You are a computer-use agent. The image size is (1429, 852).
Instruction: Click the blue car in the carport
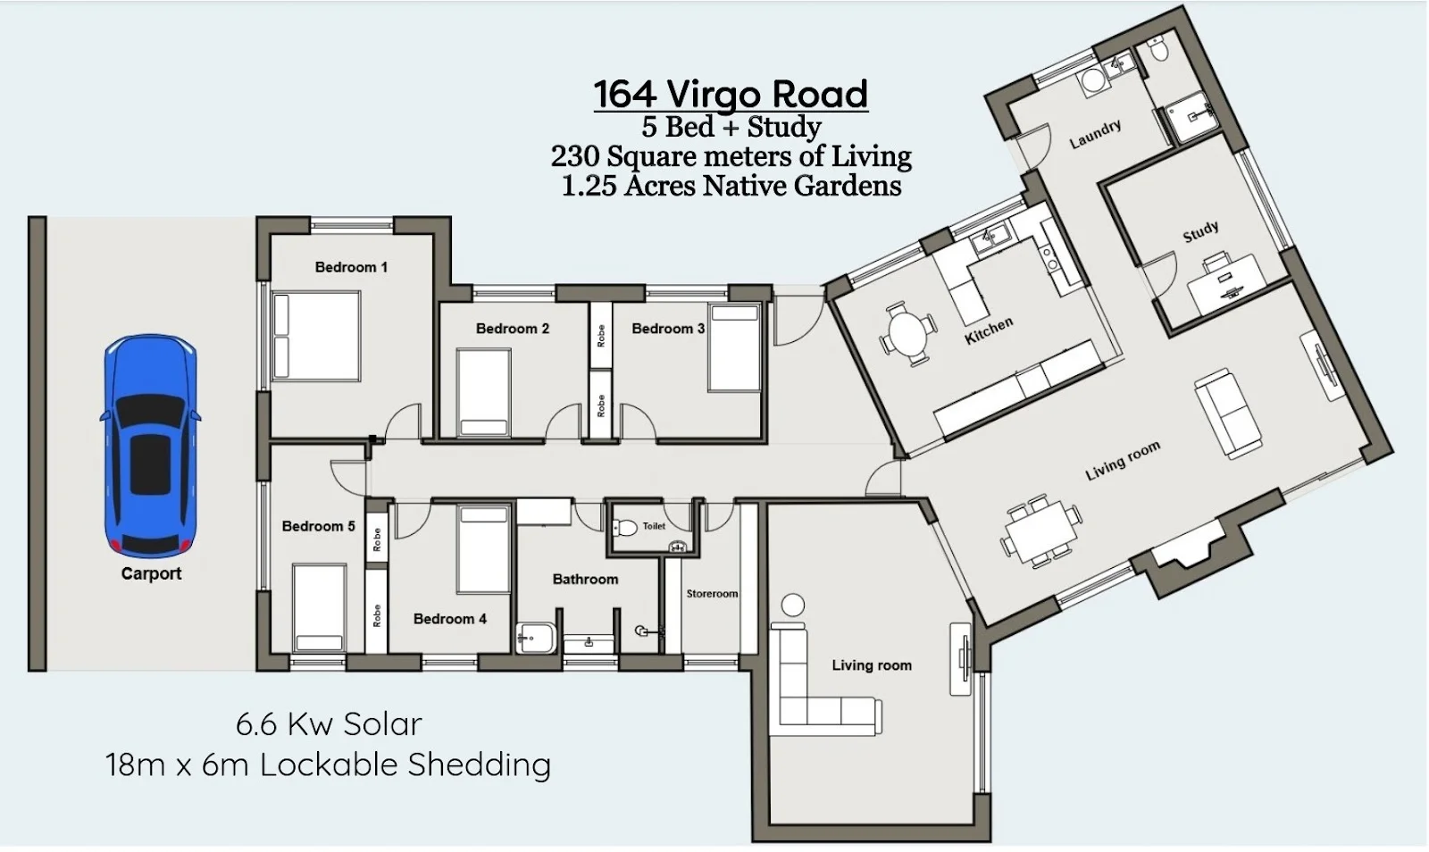pos(151,446)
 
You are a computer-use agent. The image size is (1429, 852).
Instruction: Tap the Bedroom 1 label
pos(351,267)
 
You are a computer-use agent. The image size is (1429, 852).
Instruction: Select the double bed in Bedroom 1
pos(316,336)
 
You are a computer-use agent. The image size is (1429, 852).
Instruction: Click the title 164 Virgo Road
pos(731,94)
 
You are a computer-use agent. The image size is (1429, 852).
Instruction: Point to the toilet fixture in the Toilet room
pos(624,528)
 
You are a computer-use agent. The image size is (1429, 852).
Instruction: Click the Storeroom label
pos(712,594)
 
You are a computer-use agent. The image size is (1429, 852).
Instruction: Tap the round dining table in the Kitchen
pos(908,333)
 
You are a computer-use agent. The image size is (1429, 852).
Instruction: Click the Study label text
pos(1200,231)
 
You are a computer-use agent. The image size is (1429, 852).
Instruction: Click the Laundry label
pos(1095,134)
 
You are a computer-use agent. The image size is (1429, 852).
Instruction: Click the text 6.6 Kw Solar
pos(330,723)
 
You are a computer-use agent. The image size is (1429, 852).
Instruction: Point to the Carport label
pos(151,573)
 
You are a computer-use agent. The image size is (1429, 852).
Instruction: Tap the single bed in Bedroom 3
pos(734,347)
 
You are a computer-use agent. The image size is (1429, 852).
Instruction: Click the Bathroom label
pos(585,579)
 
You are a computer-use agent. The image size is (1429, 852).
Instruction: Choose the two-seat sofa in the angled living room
pos(1228,413)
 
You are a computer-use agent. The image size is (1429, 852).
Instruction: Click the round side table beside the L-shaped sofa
pos(793,605)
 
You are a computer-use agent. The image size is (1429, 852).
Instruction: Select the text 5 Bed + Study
pos(731,127)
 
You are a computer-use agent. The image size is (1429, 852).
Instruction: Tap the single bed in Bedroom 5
pos(320,607)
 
